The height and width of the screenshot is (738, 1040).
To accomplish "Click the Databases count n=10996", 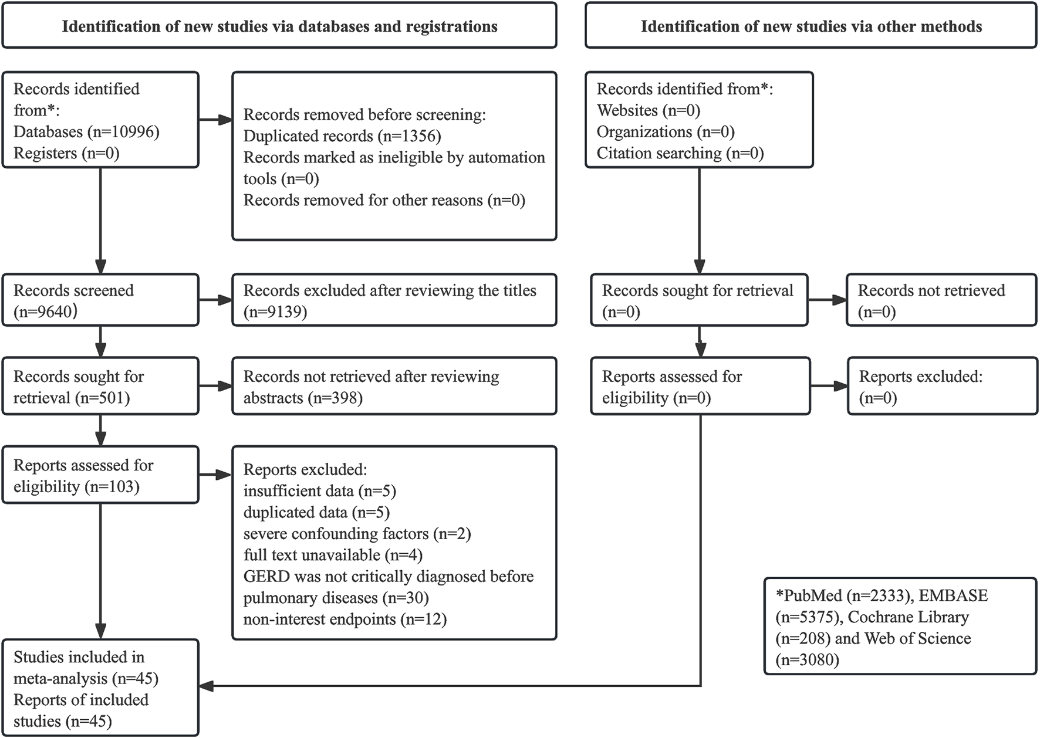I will click(123, 132).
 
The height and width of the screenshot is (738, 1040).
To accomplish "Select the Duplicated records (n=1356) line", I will click(342, 136).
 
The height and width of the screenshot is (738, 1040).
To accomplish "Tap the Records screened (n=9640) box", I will click(100, 300).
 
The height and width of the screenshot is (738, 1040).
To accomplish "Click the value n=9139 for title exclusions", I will click(275, 312).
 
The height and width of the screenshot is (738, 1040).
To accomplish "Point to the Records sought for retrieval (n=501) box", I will click(100, 387).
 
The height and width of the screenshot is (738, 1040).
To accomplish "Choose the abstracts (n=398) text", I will click(303, 398).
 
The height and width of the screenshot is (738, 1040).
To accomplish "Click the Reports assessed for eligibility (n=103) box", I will click(100, 475).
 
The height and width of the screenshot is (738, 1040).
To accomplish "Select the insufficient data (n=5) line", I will click(320, 491).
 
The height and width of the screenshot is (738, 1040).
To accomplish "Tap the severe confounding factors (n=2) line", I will click(357, 534).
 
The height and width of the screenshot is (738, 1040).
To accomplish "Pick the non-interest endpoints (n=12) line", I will click(345, 619).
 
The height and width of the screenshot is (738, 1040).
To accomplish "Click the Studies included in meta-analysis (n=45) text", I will click(86, 668).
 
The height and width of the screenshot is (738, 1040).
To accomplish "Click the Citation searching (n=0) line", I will click(680, 154).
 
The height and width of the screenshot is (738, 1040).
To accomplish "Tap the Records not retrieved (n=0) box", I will click(941, 300).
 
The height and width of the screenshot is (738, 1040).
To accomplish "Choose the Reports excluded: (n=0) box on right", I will click(942, 387).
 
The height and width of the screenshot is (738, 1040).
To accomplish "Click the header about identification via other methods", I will click(811, 26).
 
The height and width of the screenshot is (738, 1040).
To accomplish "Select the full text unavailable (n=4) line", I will click(333, 555).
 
